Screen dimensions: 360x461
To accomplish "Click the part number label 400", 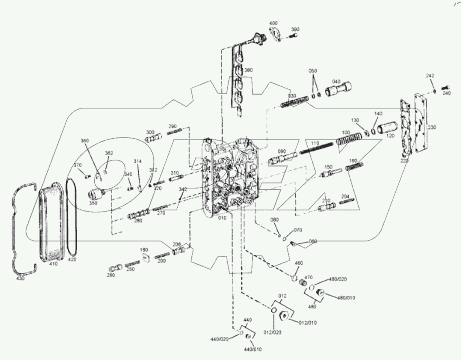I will [x=273, y=23].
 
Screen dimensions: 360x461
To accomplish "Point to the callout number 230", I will [x=432, y=127].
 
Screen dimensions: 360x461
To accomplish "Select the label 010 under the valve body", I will [x=222, y=218].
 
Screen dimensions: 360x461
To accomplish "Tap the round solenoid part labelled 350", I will [x=96, y=194].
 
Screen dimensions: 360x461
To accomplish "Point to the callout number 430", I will [x=20, y=279].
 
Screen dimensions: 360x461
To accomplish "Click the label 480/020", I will [x=338, y=279].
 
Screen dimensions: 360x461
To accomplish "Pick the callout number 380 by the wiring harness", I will [x=248, y=70].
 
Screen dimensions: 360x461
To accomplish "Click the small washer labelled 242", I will [x=434, y=91].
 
